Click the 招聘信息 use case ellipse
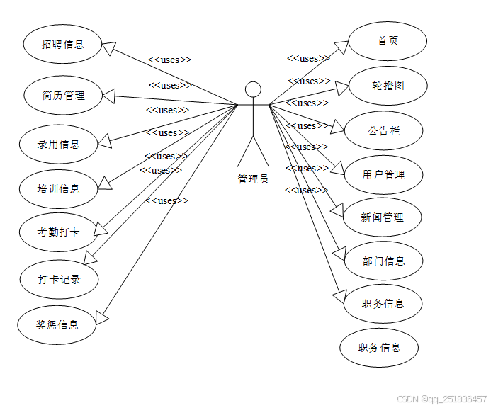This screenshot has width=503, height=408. click(x=62, y=44)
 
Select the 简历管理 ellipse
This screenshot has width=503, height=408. click(x=63, y=94)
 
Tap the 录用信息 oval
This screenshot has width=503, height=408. click(x=58, y=144)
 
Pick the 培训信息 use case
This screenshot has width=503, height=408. click(x=58, y=188)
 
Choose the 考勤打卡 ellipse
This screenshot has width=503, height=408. click(x=58, y=232)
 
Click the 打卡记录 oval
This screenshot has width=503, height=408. click(x=60, y=279)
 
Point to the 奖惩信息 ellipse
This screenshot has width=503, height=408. click(x=57, y=324)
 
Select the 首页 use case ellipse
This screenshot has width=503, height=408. click(x=388, y=40)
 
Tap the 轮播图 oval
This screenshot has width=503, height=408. click(x=388, y=86)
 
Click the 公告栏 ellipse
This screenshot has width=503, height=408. click(x=384, y=130)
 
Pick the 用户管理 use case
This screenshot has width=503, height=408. click(x=383, y=174)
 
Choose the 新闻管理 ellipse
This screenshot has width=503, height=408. click(x=383, y=217)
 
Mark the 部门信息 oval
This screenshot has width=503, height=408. click(x=384, y=261)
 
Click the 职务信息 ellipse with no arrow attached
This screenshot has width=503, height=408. click(x=379, y=347)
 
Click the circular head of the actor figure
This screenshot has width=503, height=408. click(x=253, y=89)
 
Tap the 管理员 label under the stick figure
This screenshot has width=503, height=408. click(x=253, y=178)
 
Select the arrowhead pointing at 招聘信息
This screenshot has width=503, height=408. click(x=109, y=49)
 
